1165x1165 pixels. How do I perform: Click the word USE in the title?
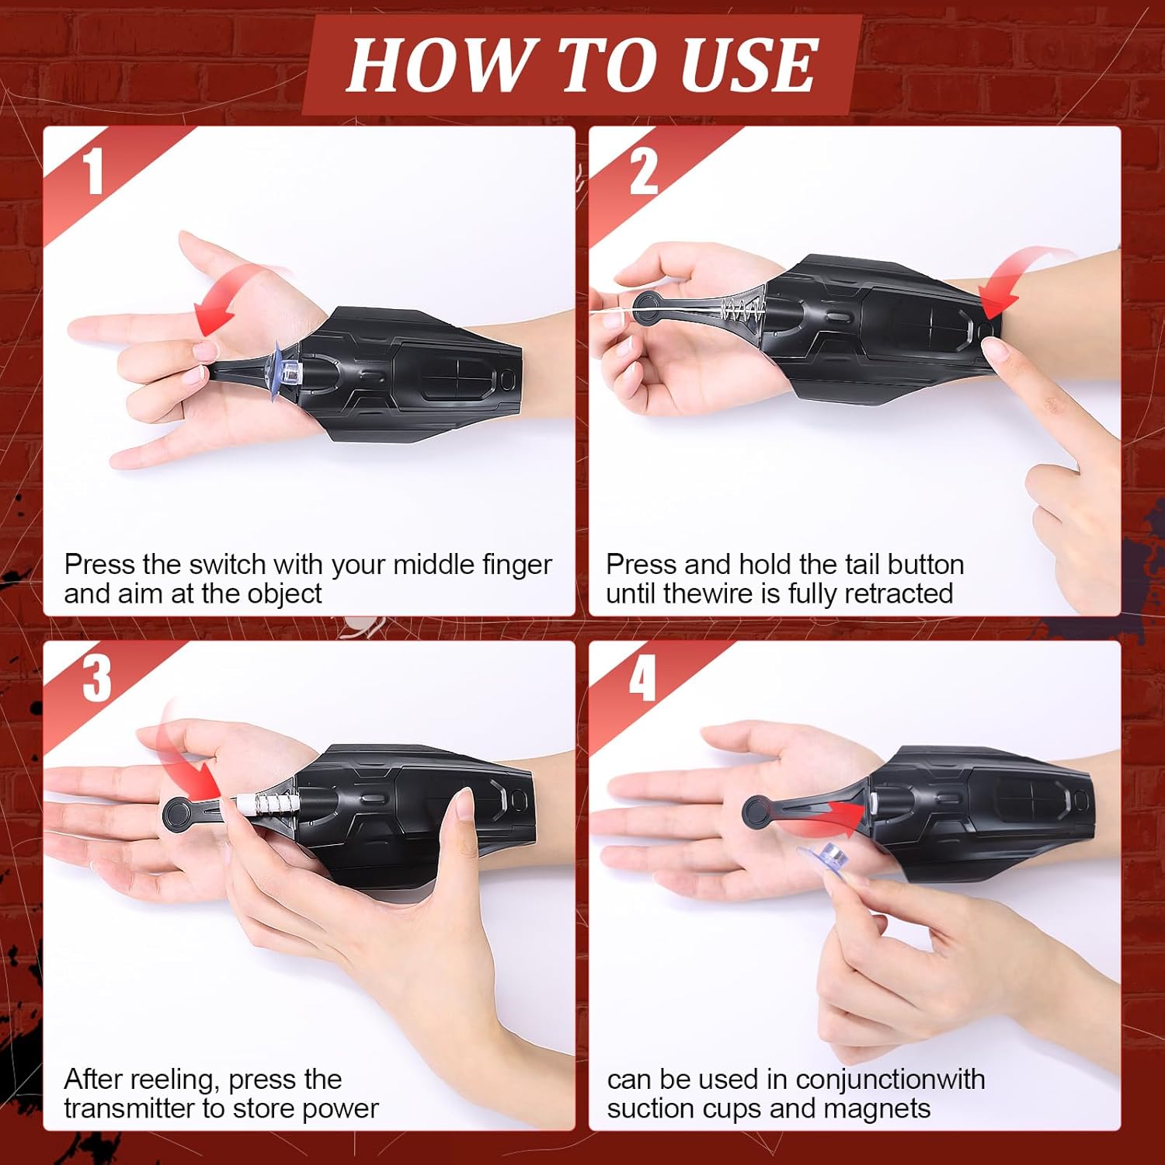click(748, 64)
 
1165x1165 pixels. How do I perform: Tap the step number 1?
click(94, 170)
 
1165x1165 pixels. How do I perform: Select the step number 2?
click(643, 170)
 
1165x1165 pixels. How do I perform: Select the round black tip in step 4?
click(757, 812)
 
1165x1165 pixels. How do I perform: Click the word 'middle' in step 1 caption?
click(433, 564)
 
